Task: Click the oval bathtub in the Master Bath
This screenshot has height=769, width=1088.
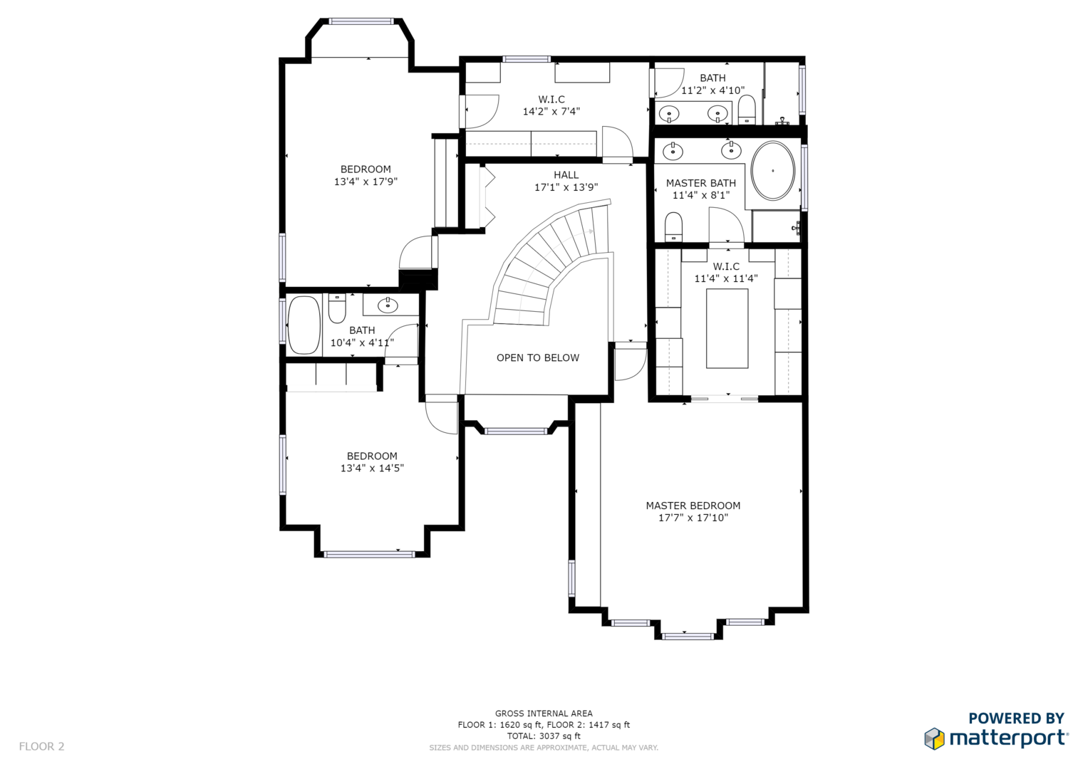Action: (x=772, y=170)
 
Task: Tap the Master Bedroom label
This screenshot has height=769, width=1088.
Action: (x=693, y=506)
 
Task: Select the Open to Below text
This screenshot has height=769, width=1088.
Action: (x=538, y=357)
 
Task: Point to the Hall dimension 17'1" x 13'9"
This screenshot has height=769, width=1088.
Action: (x=566, y=187)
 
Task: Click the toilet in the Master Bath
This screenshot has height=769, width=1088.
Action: (x=673, y=226)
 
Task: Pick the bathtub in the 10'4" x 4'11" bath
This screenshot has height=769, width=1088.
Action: (x=304, y=325)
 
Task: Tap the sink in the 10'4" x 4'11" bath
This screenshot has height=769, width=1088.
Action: (x=387, y=305)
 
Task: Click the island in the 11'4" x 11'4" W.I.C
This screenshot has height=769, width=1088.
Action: (x=727, y=328)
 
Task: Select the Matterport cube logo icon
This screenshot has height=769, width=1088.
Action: (x=934, y=738)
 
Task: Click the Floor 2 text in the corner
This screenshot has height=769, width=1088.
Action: (x=42, y=746)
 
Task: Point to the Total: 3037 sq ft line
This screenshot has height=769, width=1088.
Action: (x=544, y=736)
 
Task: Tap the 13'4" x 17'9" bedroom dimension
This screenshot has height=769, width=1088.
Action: (x=366, y=182)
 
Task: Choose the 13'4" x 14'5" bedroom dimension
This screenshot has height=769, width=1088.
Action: (x=372, y=469)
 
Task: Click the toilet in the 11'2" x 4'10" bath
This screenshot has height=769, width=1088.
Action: (x=747, y=109)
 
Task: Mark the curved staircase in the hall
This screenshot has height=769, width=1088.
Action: (x=554, y=265)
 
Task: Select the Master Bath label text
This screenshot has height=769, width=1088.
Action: (x=701, y=183)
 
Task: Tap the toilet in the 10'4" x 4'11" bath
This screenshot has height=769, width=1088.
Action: (x=337, y=308)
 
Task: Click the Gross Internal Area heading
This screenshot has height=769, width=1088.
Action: (x=544, y=713)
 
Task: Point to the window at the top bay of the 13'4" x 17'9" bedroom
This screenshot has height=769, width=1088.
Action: (x=361, y=21)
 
